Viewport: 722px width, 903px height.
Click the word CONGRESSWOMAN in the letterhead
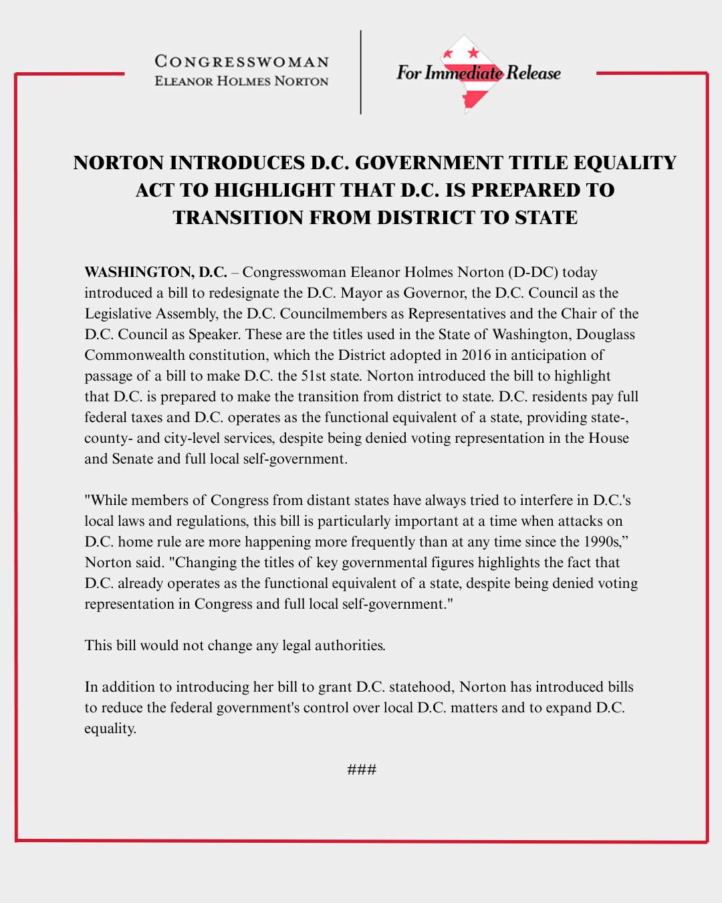(x=242, y=62)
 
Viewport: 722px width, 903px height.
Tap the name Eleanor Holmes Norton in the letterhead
(x=242, y=82)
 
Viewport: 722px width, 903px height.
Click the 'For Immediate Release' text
(x=478, y=73)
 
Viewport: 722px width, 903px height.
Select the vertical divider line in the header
(x=361, y=72)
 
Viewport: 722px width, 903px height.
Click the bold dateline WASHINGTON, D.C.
(x=156, y=272)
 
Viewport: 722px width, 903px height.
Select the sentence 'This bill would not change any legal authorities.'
(x=235, y=645)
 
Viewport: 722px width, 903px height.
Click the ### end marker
(x=362, y=770)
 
